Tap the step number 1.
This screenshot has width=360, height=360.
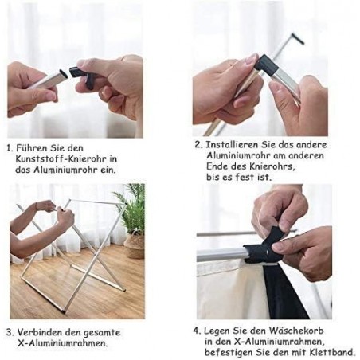10,148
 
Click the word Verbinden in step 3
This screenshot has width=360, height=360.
40,332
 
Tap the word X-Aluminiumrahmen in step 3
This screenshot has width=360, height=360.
62,343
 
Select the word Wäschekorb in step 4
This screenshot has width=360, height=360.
296,331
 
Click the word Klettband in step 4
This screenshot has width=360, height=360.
332,353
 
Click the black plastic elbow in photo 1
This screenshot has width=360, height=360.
81,76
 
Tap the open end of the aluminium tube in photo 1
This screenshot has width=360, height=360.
63,74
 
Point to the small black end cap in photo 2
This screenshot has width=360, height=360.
298,39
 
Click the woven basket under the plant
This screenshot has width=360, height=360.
135,245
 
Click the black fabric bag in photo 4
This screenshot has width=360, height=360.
284,292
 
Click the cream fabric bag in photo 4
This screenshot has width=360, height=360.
230,290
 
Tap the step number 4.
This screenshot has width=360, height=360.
197,331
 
